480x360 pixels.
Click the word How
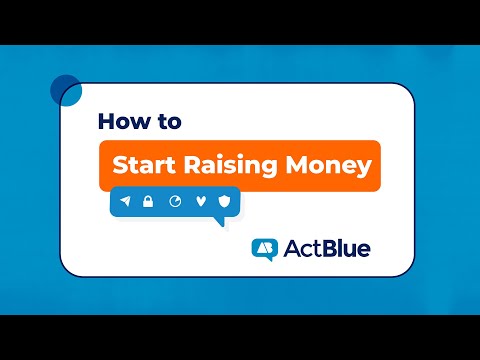coord(122,122)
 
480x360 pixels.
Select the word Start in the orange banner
coord(143,164)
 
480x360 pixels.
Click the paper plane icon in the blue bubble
coord(125,202)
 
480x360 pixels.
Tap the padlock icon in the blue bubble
coord(148,202)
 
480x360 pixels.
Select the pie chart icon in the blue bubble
coord(175,202)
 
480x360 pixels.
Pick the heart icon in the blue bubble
coord(200,202)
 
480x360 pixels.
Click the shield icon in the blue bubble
coord(224,202)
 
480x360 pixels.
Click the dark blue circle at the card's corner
coord(66,89)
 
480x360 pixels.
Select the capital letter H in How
coord(107,122)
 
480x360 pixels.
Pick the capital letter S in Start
coord(119,165)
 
